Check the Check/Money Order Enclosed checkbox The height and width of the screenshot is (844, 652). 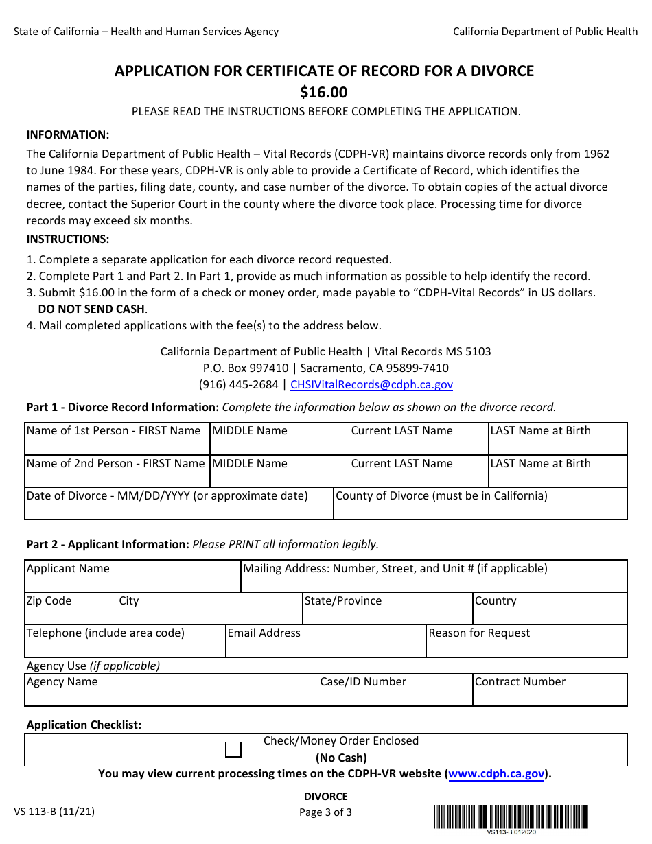pyautogui.click(x=233, y=749)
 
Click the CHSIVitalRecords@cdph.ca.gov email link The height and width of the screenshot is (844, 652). pyautogui.click(x=371, y=385)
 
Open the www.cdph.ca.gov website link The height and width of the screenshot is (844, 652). pyautogui.click(x=497, y=774)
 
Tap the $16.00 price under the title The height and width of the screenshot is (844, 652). pyautogui.click(x=324, y=92)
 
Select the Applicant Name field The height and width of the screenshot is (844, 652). pyautogui.click(x=132, y=581)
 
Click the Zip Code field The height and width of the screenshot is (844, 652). pyautogui.click(x=70, y=613)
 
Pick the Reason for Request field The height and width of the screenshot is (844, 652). pyautogui.click(x=526, y=645)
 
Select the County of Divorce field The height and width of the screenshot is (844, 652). pyautogui.click(x=480, y=508)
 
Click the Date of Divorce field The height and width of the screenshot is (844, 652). pyautogui.click(x=178, y=508)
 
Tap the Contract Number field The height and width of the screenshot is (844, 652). pyautogui.click(x=550, y=694)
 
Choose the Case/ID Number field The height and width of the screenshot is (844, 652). pyautogui.click(x=395, y=694)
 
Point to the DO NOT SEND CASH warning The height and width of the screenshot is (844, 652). pyautogui.click(x=92, y=309)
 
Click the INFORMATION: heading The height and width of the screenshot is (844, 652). pyautogui.click(x=68, y=134)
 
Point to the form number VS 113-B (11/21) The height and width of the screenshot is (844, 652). pyautogui.click(x=54, y=812)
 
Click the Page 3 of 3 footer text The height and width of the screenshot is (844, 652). pyautogui.click(x=325, y=812)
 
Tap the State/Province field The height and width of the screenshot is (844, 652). pyautogui.click(x=387, y=613)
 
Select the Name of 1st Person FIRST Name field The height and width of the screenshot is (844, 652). pyautogui.click(x=117, y=443)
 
